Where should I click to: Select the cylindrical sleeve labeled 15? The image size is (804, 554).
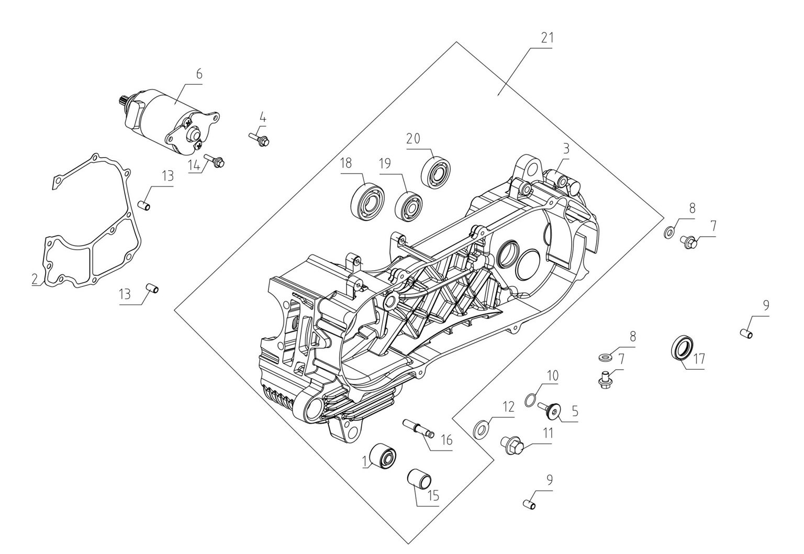click(x=420, y=478)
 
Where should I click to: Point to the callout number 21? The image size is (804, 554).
click(x=547, y=38)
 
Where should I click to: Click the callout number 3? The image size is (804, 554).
click(x=566, y=149)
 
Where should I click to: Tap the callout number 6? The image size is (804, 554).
click(x=199, y=74)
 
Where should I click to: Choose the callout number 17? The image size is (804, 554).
click(x=699, y=359)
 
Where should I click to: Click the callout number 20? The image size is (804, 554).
click(x=413, y=139)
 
